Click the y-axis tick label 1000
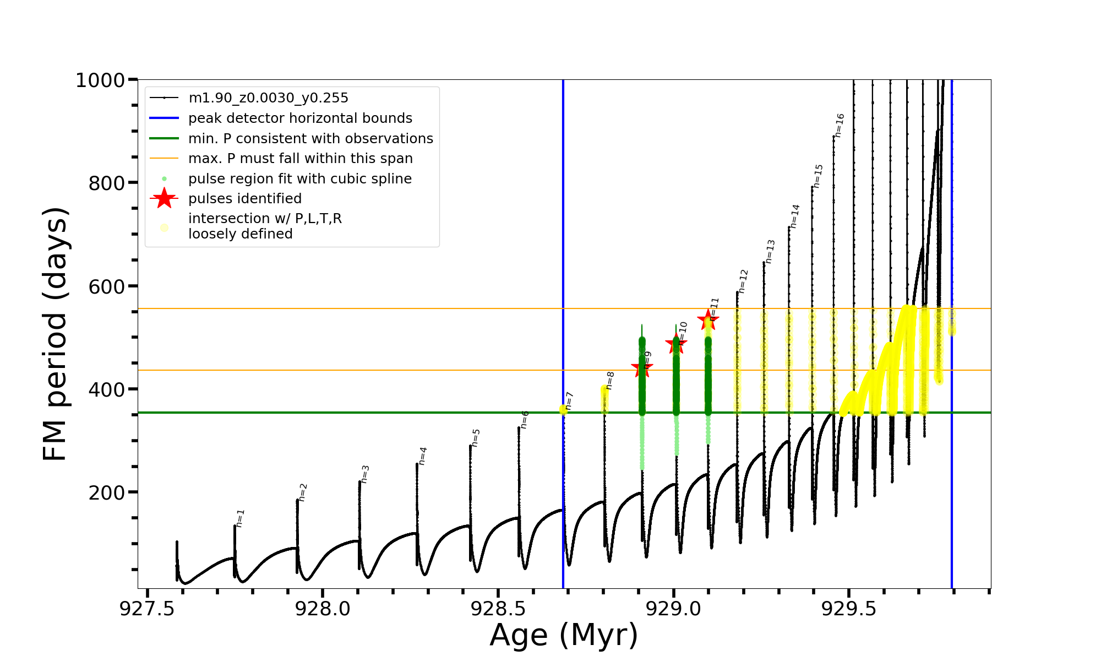tap(100, 80)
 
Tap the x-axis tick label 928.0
tap(323, 609)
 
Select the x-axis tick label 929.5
tap(848, 609)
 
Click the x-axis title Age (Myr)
tap(564, 635)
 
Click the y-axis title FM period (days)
tap(55, 334)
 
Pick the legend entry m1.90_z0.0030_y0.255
tap(268, 98)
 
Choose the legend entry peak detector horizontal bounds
tap(300, 118)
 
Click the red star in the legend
tap(164, 198)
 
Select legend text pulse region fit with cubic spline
tap(299, 179)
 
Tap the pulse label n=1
tap(240, 518)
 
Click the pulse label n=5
tap(476, 438)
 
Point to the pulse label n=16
tap(840, 126)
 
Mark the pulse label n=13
tap(770, 251)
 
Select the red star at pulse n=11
tap(708, 319)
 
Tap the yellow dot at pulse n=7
tap(563, 410)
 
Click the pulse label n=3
tap(365, 474)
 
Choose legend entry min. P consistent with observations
tap(310, 139)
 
